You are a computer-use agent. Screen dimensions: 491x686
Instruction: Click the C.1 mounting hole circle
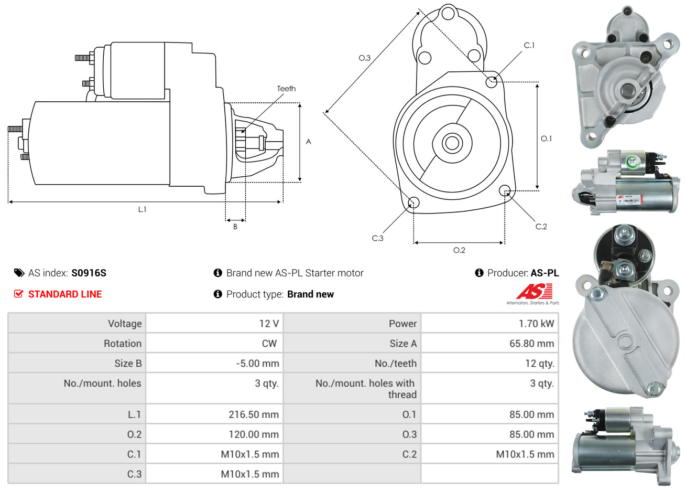tap(492, 82)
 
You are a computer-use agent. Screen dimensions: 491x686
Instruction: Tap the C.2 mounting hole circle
tap(505, 190)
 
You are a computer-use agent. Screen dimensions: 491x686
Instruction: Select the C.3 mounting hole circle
tap(413, 203)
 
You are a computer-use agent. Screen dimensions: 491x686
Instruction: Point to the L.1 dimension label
tap(142, 209)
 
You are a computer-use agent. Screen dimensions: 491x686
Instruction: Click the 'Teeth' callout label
tap(286, 89)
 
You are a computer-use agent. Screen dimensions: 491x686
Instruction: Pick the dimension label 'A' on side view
tap(309, 142)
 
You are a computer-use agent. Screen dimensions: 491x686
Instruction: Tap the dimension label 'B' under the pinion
tap(235, 227)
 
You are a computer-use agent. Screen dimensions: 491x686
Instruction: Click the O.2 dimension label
tap(459, 250)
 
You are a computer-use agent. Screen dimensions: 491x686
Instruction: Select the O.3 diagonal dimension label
tap(364, 58)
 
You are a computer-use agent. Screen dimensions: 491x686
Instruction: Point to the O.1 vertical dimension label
tap(546, 138)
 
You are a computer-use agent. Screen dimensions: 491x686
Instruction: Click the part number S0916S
tap(89, 273)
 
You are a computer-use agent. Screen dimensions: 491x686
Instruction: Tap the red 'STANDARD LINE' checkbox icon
tap(19, 294)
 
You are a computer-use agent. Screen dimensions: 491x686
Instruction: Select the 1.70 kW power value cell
tap(536, 324)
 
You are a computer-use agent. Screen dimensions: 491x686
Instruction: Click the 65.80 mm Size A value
tap(531, 344)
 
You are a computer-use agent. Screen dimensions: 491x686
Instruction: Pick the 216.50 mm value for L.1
tap(254, 414)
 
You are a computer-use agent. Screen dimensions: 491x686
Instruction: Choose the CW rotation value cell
tap(269, 344)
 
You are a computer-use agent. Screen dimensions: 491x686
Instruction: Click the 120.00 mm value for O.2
tap(254, 434)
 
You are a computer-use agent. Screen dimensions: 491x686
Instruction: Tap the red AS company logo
tap(534, 292)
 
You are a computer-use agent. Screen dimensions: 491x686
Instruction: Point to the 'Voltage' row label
tap(125, 324)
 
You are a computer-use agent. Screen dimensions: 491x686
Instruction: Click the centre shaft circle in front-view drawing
tap(451, 143)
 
